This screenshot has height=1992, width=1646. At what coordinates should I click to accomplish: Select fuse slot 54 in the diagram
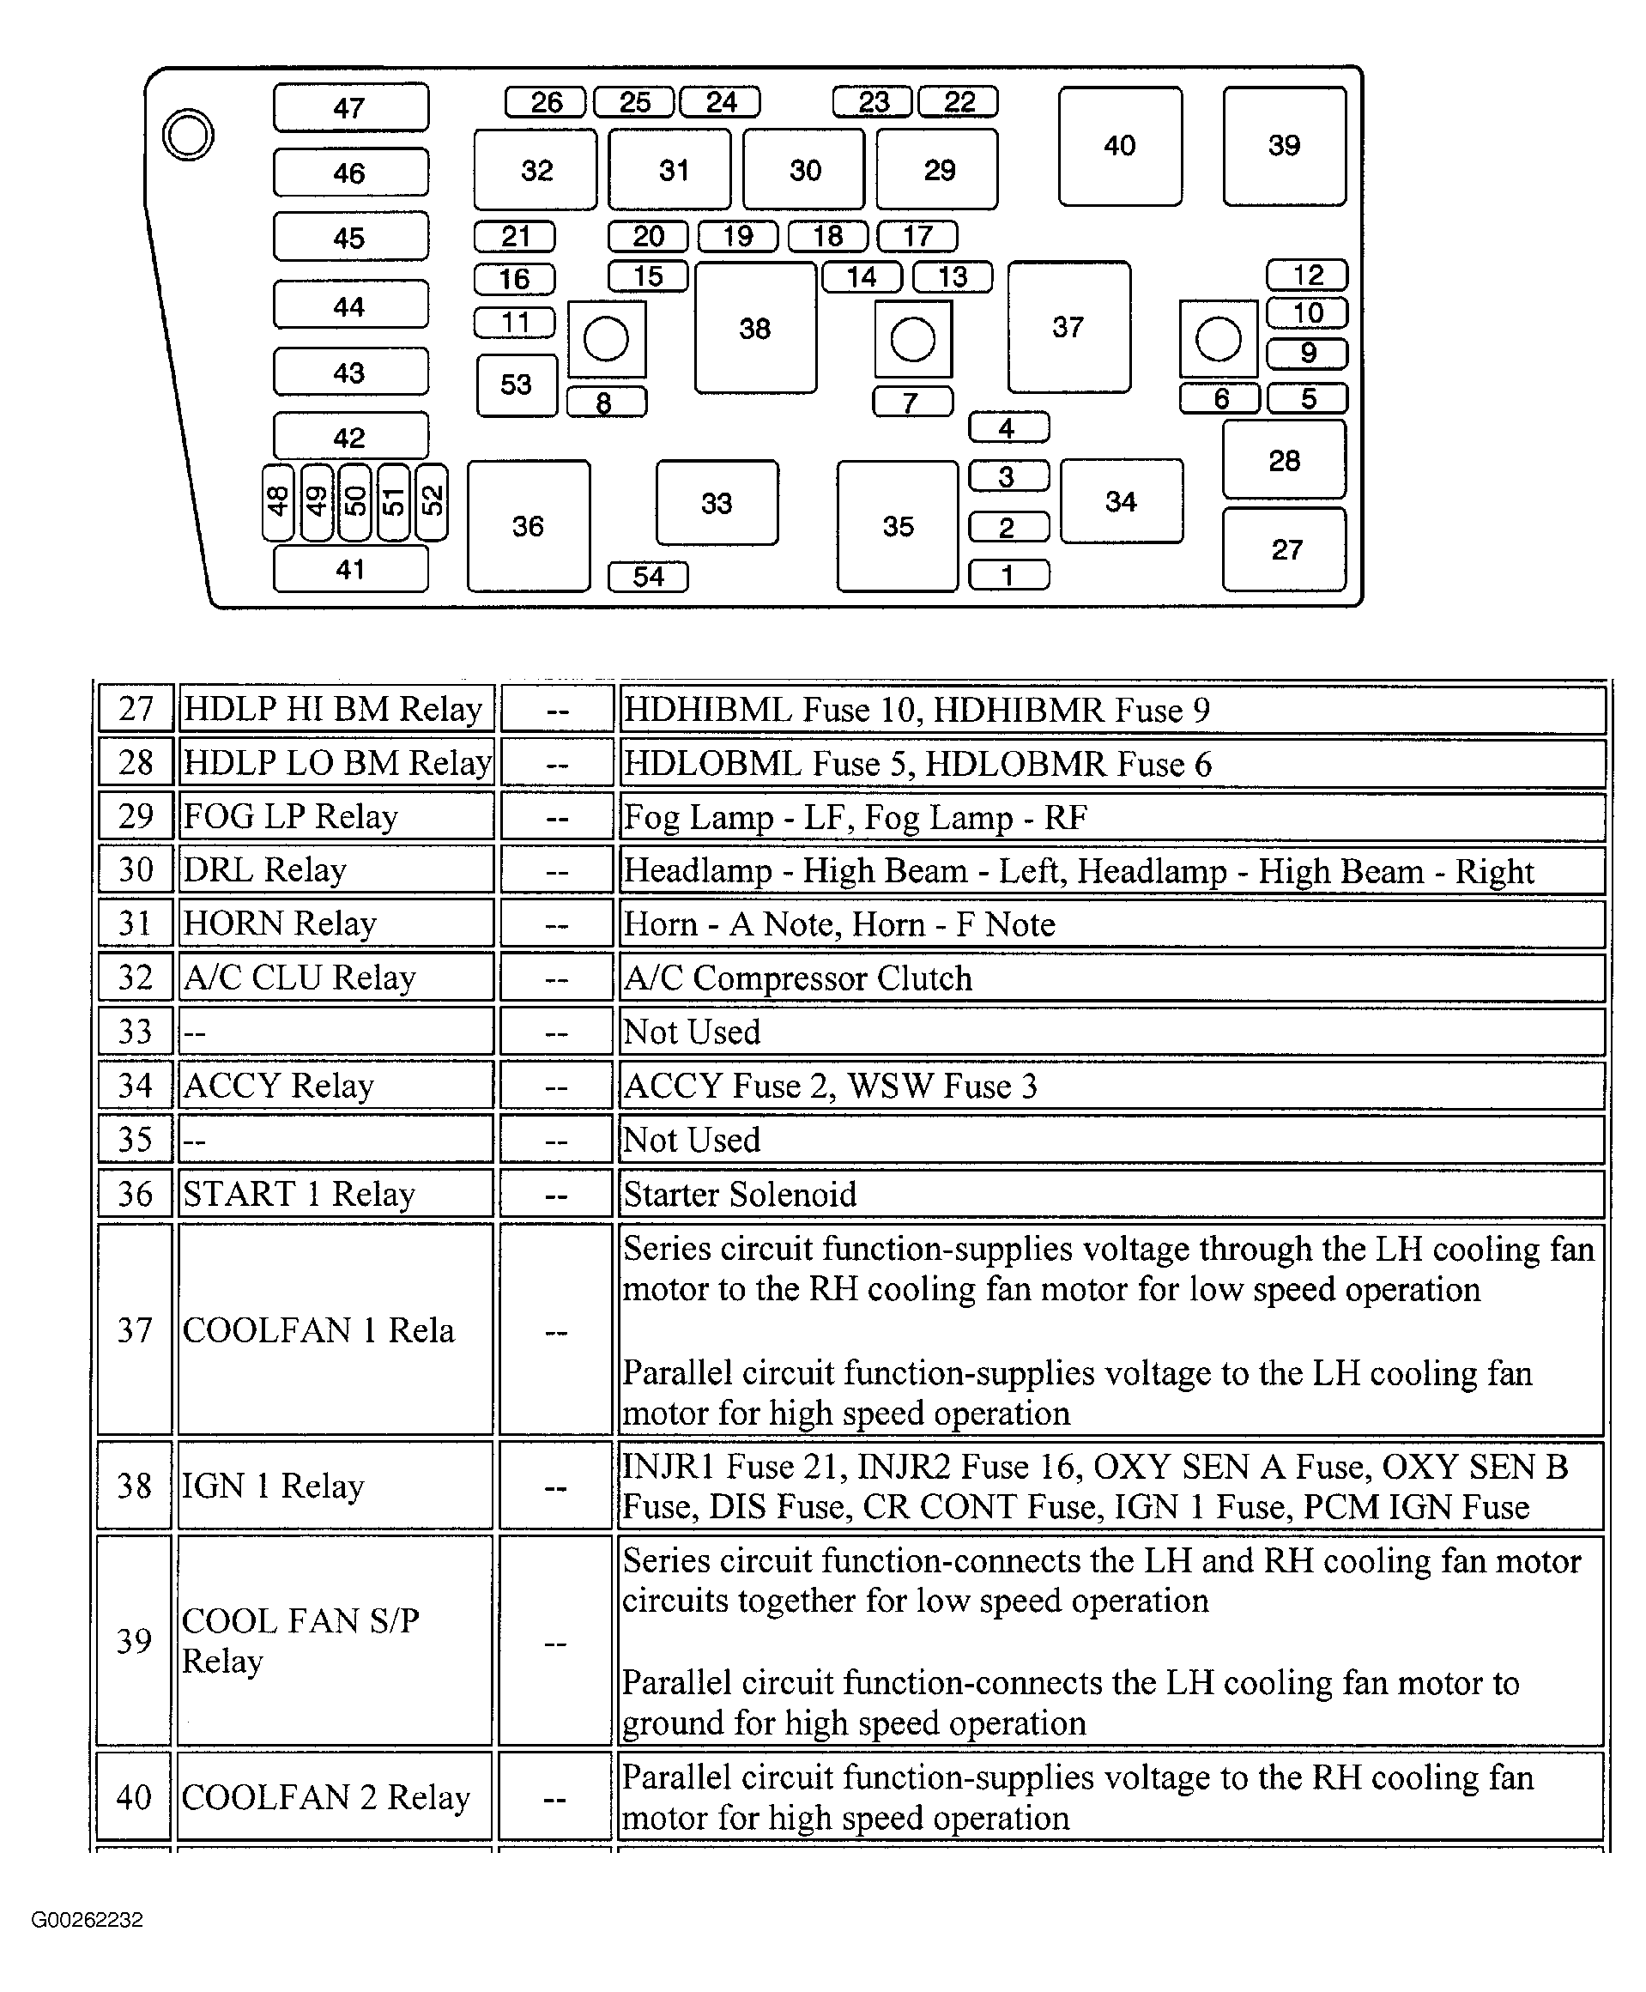coord(648,577)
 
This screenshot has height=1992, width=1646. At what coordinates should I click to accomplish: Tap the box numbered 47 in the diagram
coord(350,108)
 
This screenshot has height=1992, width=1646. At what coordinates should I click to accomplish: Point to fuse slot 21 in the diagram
coord(514,236)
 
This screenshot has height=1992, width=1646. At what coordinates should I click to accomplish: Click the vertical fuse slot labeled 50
coord(354,501)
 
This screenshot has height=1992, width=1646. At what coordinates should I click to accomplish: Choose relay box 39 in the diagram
coord(1284,146)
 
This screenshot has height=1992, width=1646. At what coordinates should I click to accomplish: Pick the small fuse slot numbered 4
coord(1008,427)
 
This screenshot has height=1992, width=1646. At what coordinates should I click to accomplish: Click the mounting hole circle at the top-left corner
coord(188,135)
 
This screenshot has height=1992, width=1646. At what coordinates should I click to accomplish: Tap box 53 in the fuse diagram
coord(516,385)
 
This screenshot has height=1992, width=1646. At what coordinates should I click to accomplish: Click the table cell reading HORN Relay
coord(336,923)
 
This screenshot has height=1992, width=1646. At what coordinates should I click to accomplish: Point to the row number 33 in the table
coord(135,1032)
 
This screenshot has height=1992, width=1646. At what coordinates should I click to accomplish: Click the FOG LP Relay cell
coord(336,816)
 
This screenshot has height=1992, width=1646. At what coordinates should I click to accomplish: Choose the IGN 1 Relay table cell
coord(335,1486)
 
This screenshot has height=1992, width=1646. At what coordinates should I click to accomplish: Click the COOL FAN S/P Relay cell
coord(335,1640)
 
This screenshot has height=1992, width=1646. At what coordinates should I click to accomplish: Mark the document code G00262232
coord(88,1920)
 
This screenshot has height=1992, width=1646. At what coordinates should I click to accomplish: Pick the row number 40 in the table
coord(134,1796)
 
